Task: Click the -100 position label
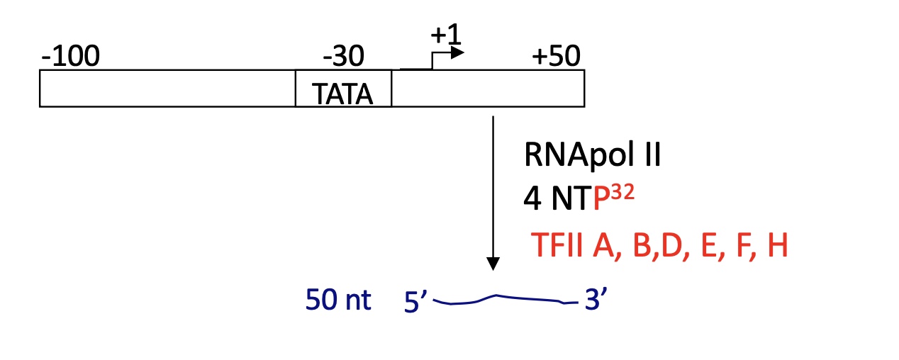pyautogui.click(x=70, y=55)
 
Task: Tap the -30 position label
pyautogui.click(x=343, y=55)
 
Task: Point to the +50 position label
pyautogui.click(x=556, y=55)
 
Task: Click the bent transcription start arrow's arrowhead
pyautogui.click(x=459, y=52)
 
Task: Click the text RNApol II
pyautogui.click(x=592, y=154)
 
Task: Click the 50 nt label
pyautogui.click(x=338, y=300)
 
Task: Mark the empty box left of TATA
pyautogui.click(x=167, y=88)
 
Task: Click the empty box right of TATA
pyautogui.click(x=488, y=88)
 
